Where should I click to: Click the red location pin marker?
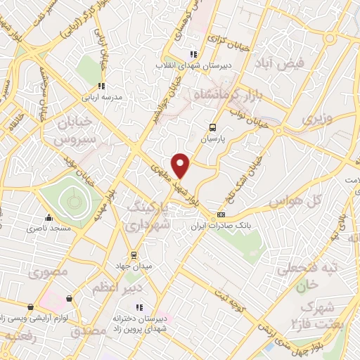181,166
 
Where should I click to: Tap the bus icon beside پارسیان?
213,127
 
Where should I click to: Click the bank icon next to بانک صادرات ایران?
221,214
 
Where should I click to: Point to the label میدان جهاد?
133,266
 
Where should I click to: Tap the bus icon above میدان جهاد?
133,255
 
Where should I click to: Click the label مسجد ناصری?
44,229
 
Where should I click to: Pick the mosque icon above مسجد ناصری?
48,217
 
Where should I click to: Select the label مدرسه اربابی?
103,98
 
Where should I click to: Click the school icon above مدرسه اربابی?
102,86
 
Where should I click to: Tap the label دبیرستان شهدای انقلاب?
192,66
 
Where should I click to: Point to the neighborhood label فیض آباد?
282,63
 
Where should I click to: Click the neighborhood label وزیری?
314,119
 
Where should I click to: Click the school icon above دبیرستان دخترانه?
139,307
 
